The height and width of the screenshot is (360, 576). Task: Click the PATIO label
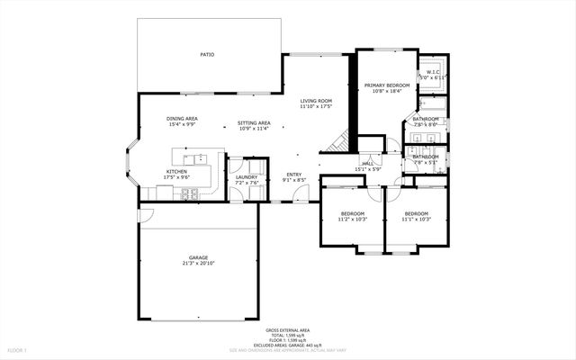coord(207,55)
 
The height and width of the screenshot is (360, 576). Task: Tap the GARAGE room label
coord(198,257)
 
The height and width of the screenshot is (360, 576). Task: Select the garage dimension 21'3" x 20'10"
coord(198,264)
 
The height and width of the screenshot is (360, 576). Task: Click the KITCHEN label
coord(176,171)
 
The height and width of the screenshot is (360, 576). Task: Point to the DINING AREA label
coord(183,119)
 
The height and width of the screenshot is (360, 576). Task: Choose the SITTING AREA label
coord(255,122)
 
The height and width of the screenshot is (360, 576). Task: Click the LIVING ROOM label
coord(316,101)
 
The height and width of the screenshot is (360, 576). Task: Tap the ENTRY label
coord(294,174)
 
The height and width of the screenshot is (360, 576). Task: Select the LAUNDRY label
coord(247,177)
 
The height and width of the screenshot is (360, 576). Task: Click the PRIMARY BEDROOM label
coord(387,85)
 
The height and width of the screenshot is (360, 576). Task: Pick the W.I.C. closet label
coord(431,73)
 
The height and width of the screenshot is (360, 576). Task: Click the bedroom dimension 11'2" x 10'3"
coord(352,220)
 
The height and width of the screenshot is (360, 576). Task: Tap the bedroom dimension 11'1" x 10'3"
coord(417,220)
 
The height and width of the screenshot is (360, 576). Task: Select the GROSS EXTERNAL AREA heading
coord(287,330)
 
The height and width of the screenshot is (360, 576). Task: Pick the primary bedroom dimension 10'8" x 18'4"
coord(387,90)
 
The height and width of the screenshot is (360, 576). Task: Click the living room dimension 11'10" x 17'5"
coord(316,106)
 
